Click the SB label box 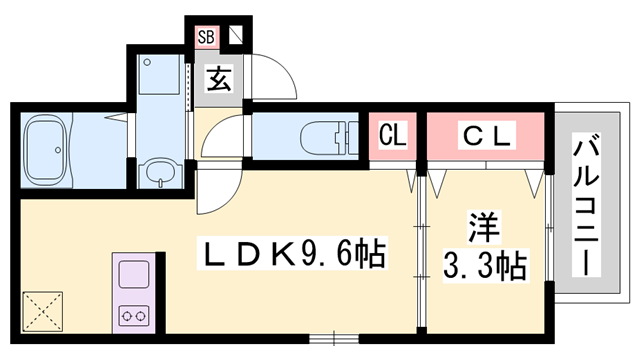(206, 38)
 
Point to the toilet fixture (325, 137)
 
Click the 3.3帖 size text (485, 265)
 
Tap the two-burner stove (133, 313)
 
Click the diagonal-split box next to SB (236, 38)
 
